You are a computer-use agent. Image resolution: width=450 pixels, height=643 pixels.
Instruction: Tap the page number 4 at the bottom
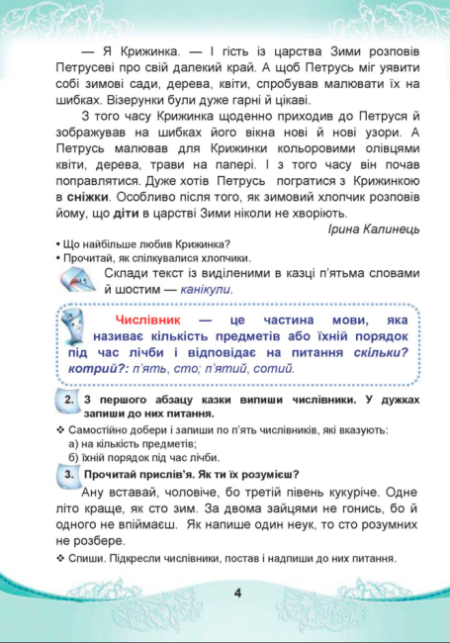pos(237,594)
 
